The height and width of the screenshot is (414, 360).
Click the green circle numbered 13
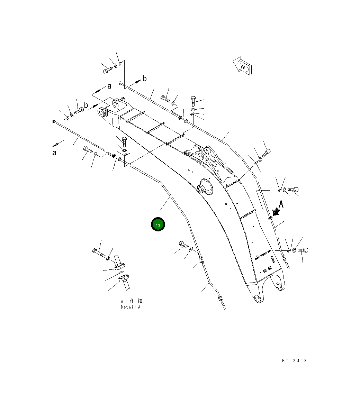pos(158,225)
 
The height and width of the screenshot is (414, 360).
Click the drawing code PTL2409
pos(294,361)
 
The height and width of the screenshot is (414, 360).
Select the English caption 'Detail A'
pos(130,307)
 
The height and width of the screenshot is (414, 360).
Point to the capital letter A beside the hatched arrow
pos(281,204)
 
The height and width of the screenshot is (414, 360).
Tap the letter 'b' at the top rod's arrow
pos(144,79)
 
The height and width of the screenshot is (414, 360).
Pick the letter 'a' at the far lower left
pos(54,153)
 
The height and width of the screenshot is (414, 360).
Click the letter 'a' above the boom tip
pos(109,86)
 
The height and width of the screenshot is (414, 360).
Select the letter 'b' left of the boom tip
pos(86,105)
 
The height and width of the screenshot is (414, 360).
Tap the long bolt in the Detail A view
pos(99,253)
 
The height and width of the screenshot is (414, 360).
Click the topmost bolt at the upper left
pos(107,70)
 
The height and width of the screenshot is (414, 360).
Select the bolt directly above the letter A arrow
pos(293,190)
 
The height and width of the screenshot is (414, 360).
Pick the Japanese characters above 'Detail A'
pos(131,301)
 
